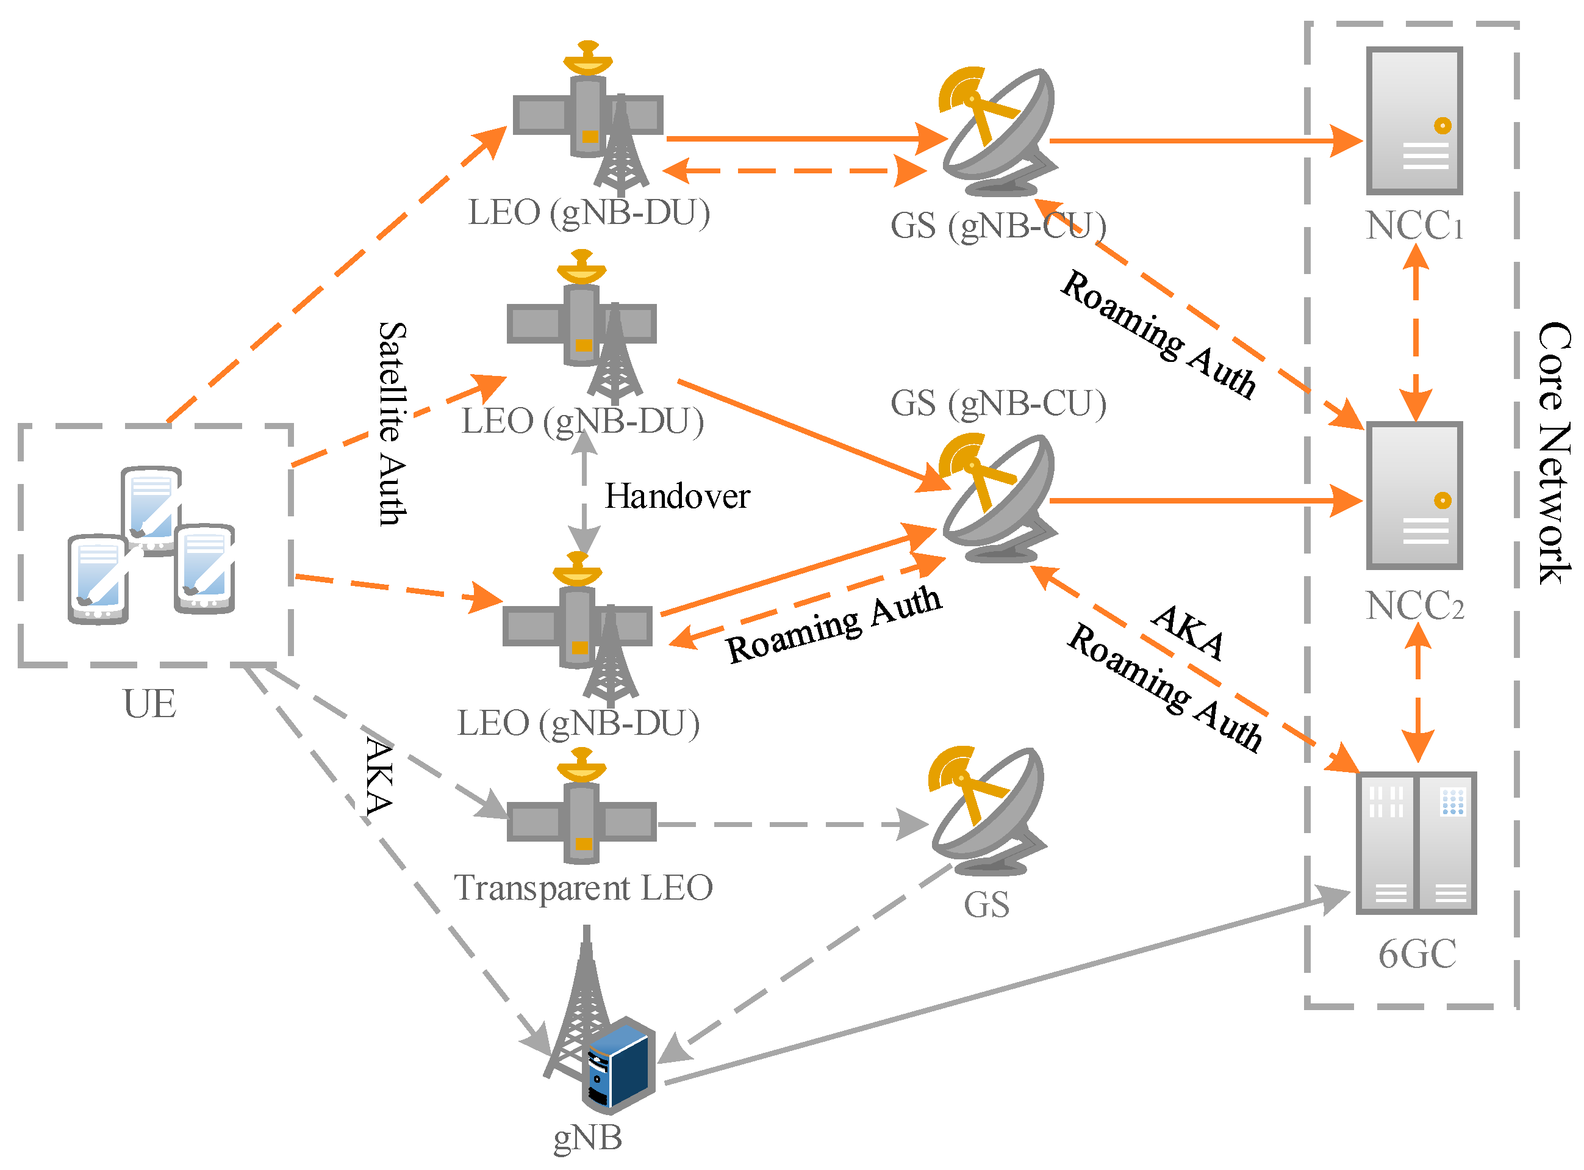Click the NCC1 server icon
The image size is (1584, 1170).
pyautogui.click(x=1413, y=120)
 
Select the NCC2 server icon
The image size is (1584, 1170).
pyautogui.click(x=1413, y=495)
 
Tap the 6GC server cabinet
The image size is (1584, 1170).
pyautogui.click(x=1416, y=843)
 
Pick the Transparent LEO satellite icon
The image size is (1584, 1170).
pyautogui.click(x=581, y=814)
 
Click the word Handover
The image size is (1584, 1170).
pyautogui.click(x=676, y=496)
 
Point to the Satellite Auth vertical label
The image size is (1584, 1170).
pyautogui.click(x=392, y=424)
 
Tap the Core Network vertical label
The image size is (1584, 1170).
pyautogui.click(x=1554, y=453)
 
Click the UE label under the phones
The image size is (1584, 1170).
pyautogui.click(x=149, y=704)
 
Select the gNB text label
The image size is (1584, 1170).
pyautogui.click(x=587, y=1138)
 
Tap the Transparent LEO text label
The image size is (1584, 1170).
pyautogui.click(x=582, y=888)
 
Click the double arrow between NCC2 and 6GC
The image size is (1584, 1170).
pyautogui.click(x=1417, y=694)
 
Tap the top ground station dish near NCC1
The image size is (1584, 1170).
pyautogui.click(x=998, y=131)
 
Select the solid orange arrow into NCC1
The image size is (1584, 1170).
pyautogui.click(x=1203, y=141)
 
